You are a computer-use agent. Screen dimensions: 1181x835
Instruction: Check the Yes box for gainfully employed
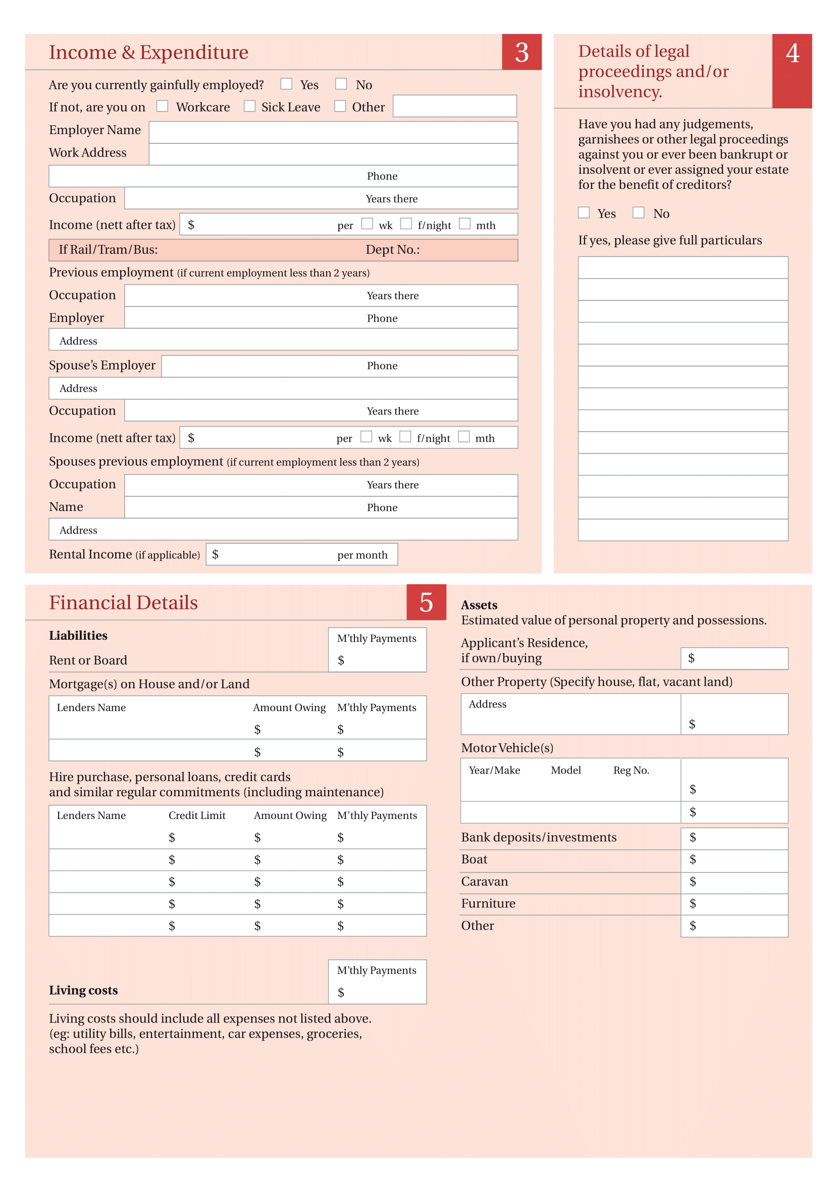point(286,84)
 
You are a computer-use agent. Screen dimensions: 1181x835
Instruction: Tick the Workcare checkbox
point(163,106)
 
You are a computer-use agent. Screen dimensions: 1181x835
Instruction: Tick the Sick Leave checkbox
point(250,106)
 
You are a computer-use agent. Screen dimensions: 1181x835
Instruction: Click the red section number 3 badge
point(521,52)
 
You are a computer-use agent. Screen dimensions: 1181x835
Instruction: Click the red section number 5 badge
point(426,602)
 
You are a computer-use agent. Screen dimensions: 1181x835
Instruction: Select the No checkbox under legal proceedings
point(639,213)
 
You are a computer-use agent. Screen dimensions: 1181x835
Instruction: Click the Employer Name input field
point(333,132)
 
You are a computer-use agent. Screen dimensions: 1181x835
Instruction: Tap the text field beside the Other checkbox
point(454,106)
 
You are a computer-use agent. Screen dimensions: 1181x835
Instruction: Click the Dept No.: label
point(392,250)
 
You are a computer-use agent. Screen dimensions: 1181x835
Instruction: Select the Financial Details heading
point(123,603)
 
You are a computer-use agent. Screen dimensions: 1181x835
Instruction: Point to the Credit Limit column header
point(197,815)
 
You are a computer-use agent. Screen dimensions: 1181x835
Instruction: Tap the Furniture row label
point(488,903)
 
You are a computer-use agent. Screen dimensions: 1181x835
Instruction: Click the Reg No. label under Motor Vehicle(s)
point(631,770)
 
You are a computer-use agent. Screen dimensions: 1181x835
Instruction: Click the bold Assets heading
point(479,605)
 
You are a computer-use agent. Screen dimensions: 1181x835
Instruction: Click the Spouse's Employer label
point(102,365)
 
